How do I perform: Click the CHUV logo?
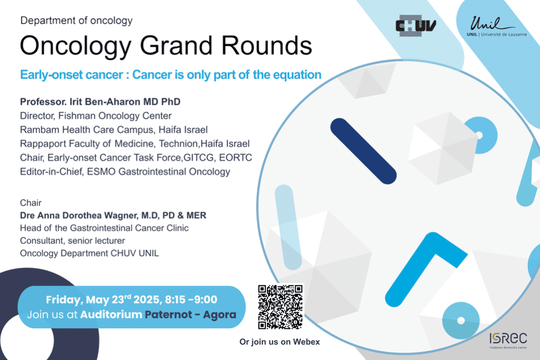tap(416, 26)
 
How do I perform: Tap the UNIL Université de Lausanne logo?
tap(497, 26)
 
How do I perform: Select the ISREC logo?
tap(508, 340)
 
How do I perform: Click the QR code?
tap(281, 307)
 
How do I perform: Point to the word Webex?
tap(306, 342)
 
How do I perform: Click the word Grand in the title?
tap(176, 45)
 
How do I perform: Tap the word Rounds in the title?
tap(266, 45)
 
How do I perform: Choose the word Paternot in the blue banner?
tap(168, 315)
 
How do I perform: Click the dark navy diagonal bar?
tap(363, 151)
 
